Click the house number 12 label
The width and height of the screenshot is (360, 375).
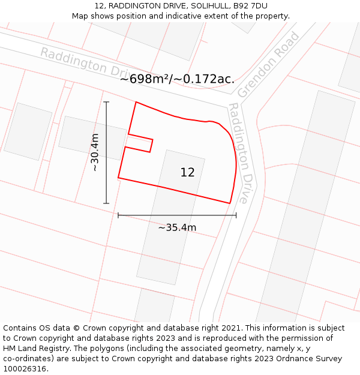click(x=187, y=173)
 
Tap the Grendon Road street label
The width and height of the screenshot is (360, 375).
click(x=268, y=65)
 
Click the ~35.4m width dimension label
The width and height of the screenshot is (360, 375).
click(x=177, y=227)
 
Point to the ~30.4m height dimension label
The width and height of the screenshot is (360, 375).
click(x=95, y=152)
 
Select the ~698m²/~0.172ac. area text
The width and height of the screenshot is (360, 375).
click(x=177, y=79)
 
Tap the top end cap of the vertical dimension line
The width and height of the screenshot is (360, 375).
click(x=106, y=102)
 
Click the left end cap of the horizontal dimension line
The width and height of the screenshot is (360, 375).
click(x=118, y=215)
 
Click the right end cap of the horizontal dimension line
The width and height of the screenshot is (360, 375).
click(x=236, y=215)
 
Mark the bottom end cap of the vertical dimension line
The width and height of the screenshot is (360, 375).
click(x=106, y=203)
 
